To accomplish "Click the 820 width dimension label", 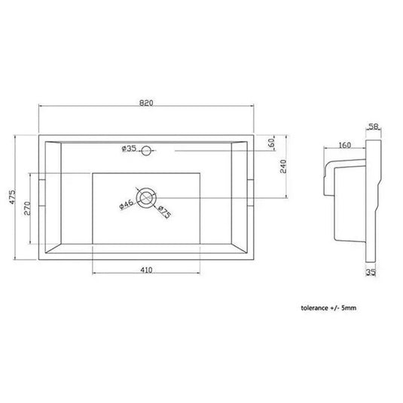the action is tap(146, 102).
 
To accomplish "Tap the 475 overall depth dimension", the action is tap(12, 197).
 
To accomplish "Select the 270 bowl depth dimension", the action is tap(27, 209).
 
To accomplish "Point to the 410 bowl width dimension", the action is tap(146, 270).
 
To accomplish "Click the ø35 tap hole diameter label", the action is tap(129, 148).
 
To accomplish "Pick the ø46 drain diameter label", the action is tap(127, 204).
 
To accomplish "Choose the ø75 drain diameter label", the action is tap(164, 212).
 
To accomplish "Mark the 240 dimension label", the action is tap(283, 166).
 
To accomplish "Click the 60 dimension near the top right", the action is tap(271, 143).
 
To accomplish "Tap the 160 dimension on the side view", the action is tap(345, 145).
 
